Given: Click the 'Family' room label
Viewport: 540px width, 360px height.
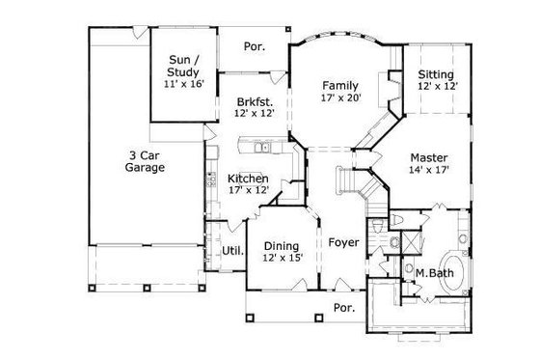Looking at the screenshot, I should pos(340,84).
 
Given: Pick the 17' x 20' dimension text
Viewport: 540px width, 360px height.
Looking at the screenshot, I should pos(340,97).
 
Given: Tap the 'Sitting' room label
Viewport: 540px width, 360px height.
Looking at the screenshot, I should pos(436,73).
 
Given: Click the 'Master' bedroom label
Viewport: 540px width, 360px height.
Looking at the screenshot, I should pos(428,157).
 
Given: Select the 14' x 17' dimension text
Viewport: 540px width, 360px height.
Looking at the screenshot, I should pos(428,171).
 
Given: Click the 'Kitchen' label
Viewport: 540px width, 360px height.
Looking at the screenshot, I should pos(248,179).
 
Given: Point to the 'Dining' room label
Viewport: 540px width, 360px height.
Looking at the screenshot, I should pos(282,245).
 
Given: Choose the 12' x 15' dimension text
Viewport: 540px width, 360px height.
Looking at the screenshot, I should pos(282,259).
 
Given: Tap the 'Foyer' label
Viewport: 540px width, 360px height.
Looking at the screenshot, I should pos(343,242).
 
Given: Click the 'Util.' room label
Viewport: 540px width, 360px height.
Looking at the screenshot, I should pos(232,251).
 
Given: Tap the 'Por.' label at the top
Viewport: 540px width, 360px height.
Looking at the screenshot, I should pos(255,45).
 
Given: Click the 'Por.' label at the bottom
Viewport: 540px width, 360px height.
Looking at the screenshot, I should pos(343,309).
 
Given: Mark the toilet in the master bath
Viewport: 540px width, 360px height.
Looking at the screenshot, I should pos(396,226).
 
